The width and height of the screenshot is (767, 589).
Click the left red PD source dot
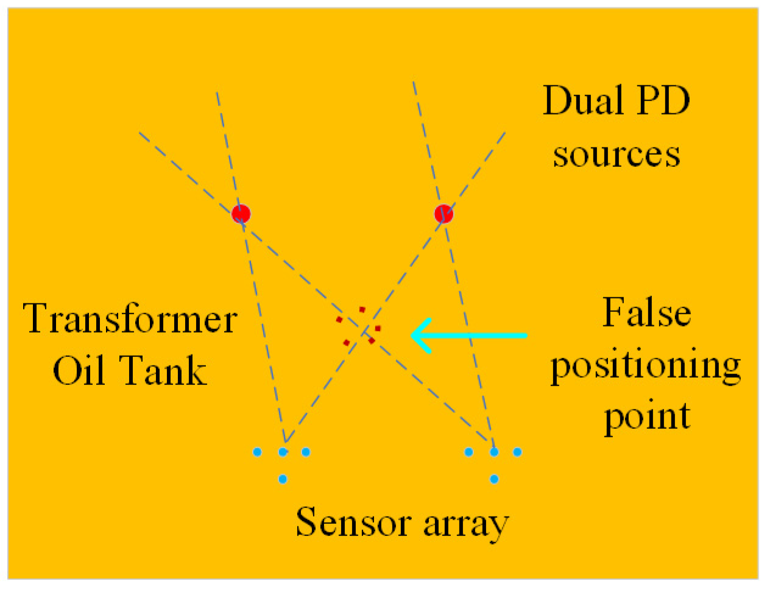[x=241, y=213]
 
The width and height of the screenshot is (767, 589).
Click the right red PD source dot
[x=444, y=214]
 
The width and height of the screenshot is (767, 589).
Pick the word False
[x=646, y=312]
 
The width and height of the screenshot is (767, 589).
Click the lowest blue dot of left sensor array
[x=283, y=479]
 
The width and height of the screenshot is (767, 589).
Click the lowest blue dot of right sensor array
[x=494, y=479]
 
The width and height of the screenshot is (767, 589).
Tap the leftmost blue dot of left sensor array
[x=257, y=452]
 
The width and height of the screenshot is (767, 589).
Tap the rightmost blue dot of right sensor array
[x=518, y=452]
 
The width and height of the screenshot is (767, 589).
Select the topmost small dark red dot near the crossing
[x=362, y=309]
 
